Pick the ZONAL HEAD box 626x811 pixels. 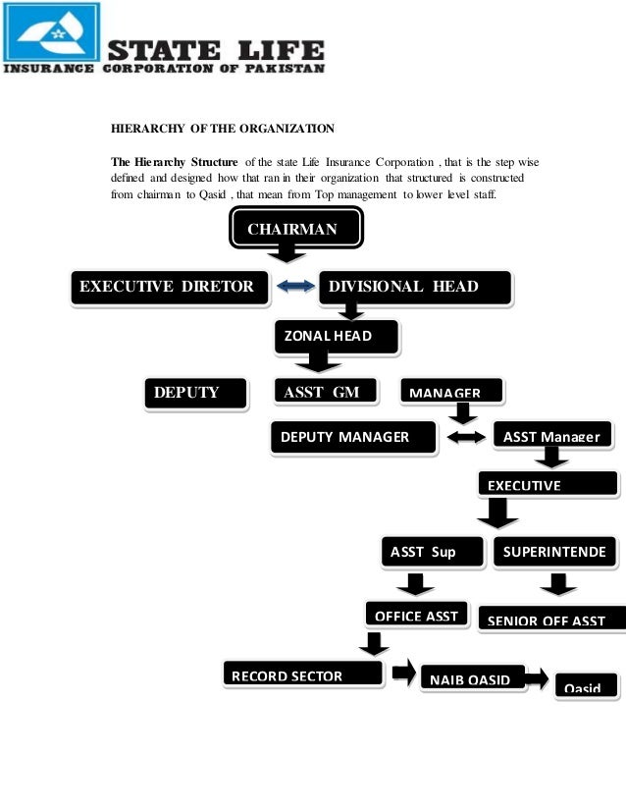click(337, 336)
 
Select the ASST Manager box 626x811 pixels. click(555, 437)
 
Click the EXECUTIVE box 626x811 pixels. click(548, 484)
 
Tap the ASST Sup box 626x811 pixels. click(432, 552)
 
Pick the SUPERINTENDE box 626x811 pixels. click(555, 552)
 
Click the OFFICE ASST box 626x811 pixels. click(415, 615)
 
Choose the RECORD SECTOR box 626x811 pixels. click(300, 674)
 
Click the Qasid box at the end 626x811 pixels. click(586, 685)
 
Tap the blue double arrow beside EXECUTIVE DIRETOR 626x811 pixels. click(294, 288)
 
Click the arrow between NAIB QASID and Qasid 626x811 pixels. click(535, 678)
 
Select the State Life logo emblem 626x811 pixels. click(52, 32)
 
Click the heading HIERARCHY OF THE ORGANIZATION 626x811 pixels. click(222, 128)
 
